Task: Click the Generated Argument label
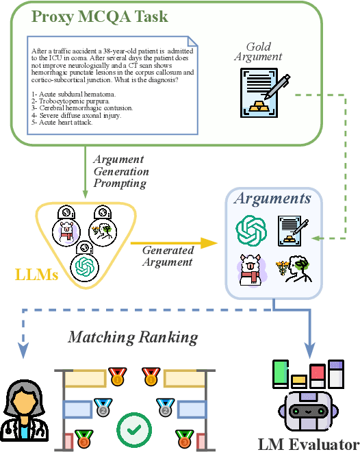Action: coord(168,255)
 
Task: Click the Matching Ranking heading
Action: coord(133,337)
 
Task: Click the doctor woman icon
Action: coord(22,410)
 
